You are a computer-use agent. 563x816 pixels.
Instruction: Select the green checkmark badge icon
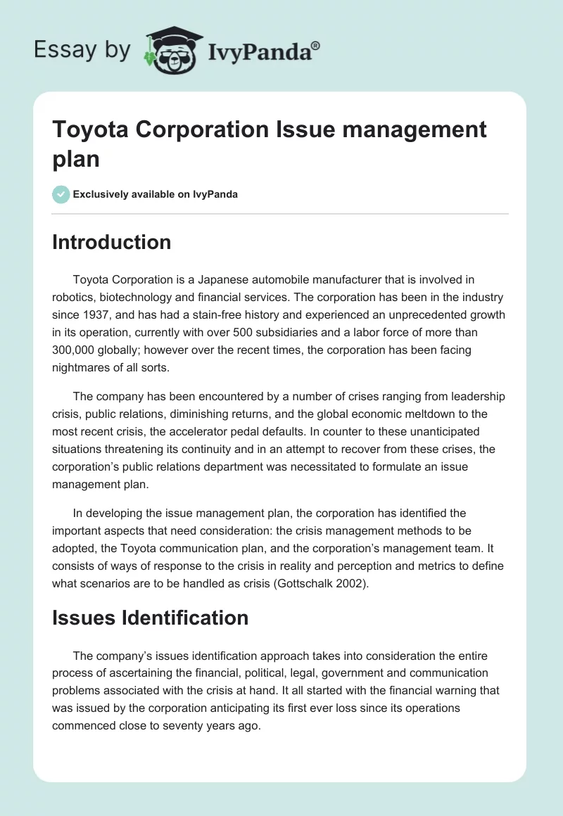61,194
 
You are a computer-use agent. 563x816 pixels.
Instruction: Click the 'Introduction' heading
112,242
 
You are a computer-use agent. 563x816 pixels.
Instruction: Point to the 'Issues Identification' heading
151,618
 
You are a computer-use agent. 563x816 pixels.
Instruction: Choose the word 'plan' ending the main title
76,159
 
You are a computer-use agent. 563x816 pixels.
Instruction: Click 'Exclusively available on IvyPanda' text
156,194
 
